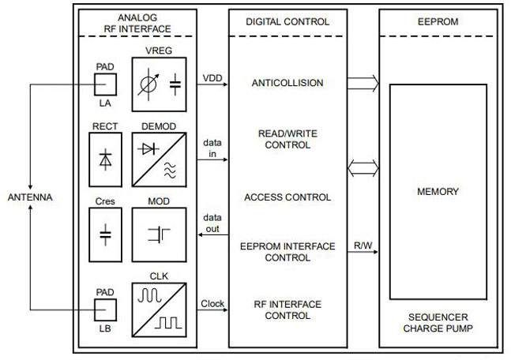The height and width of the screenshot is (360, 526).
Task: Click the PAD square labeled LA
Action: point(104,84)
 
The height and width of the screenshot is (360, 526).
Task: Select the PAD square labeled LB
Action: point(104,309)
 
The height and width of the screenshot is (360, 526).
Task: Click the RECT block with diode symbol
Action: point(104,157)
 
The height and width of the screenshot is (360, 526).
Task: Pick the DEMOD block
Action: point(160,157)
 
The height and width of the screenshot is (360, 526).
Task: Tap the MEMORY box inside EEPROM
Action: point(438,191)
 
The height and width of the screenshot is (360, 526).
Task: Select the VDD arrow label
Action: point(212,77)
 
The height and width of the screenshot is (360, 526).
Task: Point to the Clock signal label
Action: point(212,303)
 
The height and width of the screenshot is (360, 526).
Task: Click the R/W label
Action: point(363,246)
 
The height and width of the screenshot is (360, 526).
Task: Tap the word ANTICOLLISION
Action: point(287,82)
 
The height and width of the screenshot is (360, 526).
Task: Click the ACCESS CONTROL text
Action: point(287,197)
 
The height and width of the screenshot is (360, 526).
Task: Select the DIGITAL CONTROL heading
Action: point(287,22)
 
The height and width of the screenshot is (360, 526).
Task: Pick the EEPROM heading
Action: point(438,22)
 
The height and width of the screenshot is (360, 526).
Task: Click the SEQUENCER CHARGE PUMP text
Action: point(438,321)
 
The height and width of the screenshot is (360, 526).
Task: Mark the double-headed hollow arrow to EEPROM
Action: point(363,167)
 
